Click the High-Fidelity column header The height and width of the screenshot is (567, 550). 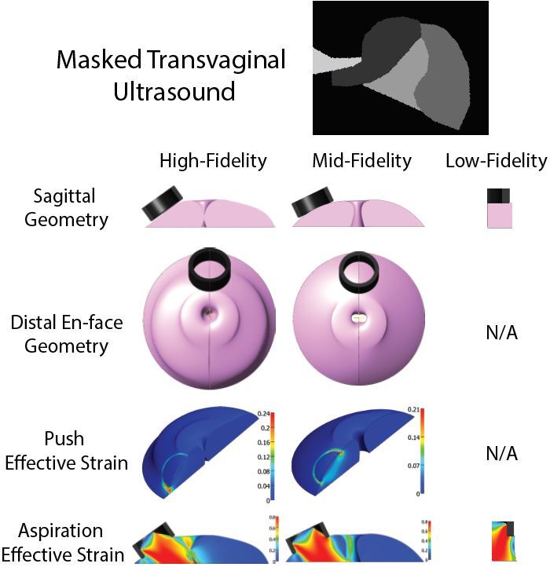click(213, 161)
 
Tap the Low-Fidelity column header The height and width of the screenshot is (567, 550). click(495, 161)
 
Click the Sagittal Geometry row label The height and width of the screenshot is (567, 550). click(65, 208)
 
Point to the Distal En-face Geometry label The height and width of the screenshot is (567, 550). click(65, 333)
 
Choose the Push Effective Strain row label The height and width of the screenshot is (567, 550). click(66, 451)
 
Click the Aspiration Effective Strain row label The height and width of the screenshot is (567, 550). click(66, 543)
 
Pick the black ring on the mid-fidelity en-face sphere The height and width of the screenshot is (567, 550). click(358, 270)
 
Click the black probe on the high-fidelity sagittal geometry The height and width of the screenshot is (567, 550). click(163, 203)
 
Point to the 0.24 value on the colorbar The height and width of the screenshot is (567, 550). click(265, 412)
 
